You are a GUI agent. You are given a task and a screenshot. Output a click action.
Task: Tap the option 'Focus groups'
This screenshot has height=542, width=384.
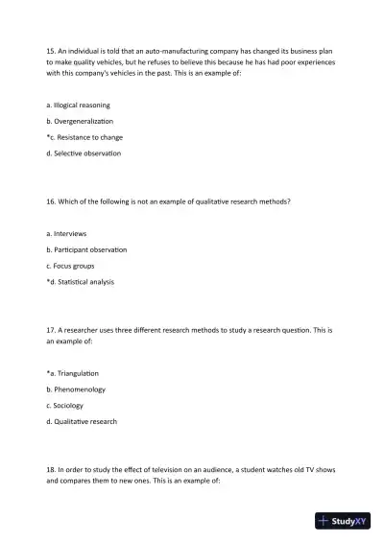[76, 266]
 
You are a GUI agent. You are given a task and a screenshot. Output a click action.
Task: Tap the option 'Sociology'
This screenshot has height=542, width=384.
[71, 406]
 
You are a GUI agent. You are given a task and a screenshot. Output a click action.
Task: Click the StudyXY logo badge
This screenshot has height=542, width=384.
[343, 522]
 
